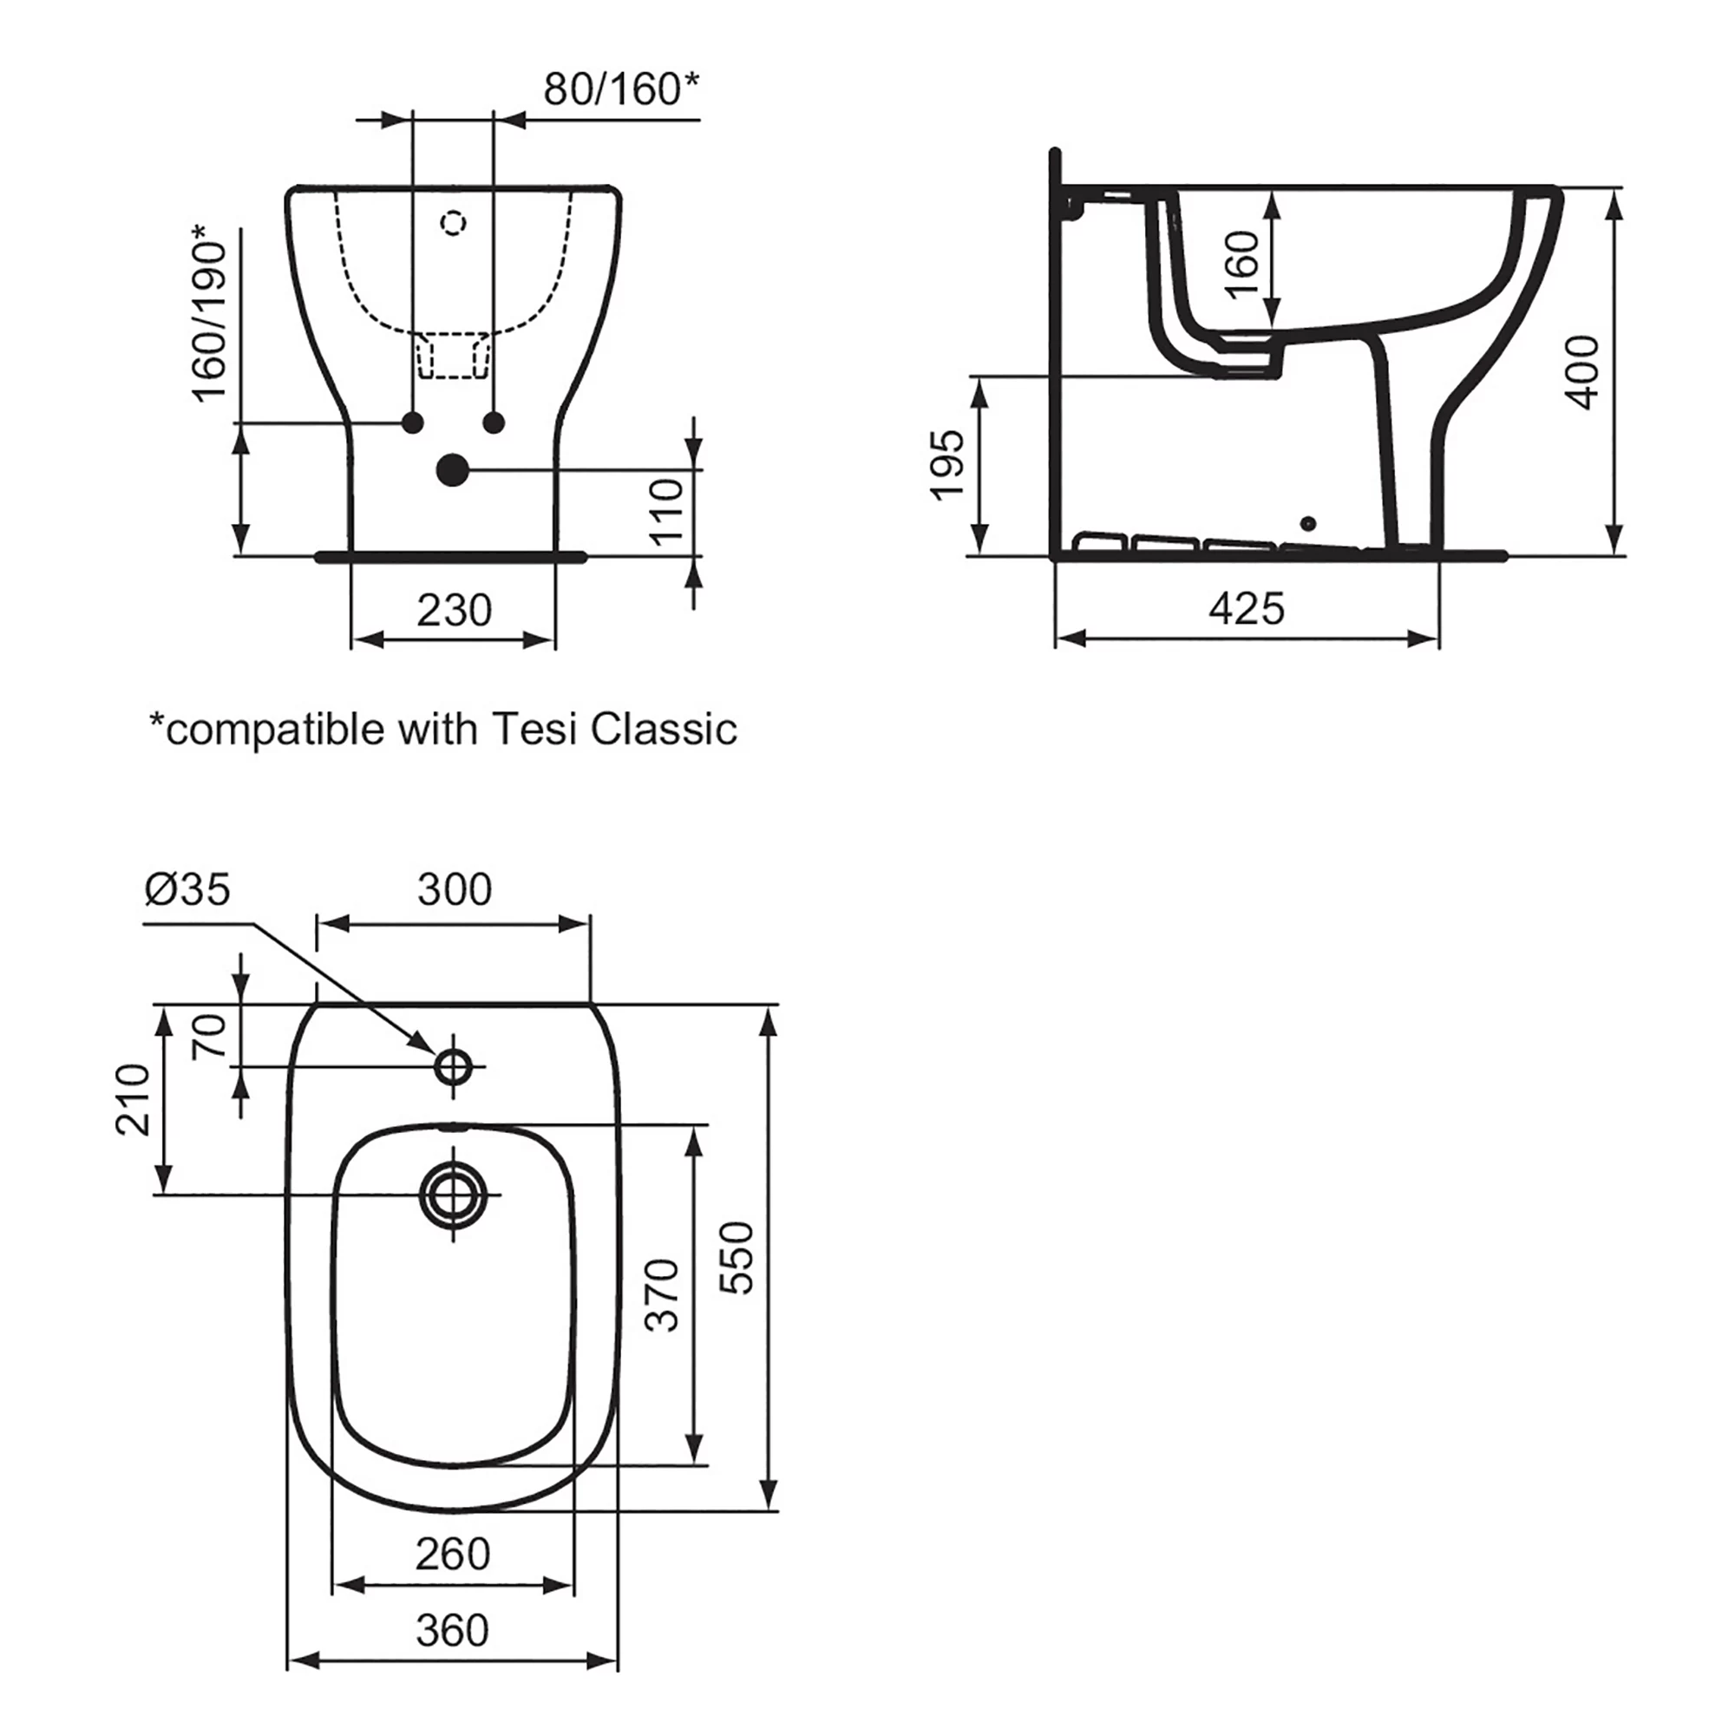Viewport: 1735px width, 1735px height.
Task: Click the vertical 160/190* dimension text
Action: tap(211, 314)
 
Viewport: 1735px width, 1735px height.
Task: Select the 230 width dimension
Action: tap(455, 611)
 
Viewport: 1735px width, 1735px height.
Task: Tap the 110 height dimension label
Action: tap(667, 511)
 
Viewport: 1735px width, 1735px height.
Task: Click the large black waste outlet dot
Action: tap(453, 469)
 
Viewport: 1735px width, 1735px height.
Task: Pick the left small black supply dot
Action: tap(413, 422)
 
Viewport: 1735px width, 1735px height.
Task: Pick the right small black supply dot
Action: tap(494, 422)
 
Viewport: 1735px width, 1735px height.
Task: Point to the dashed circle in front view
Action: tap(455, 222)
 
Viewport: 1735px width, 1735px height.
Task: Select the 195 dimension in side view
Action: tap(946, 464)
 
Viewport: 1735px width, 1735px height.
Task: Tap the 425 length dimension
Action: tap(1246, 610)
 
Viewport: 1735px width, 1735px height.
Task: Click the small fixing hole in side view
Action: tap(1308, 522)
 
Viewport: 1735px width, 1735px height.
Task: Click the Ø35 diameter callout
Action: tap(187, 889)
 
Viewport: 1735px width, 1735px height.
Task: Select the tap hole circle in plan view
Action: tap(454, 1067)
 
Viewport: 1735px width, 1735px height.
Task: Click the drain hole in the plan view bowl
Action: tap(454, 1195)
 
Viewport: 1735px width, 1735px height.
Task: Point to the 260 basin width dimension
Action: tap(453, 1554)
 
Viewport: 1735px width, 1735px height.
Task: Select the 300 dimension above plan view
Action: tap(455, 890)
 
